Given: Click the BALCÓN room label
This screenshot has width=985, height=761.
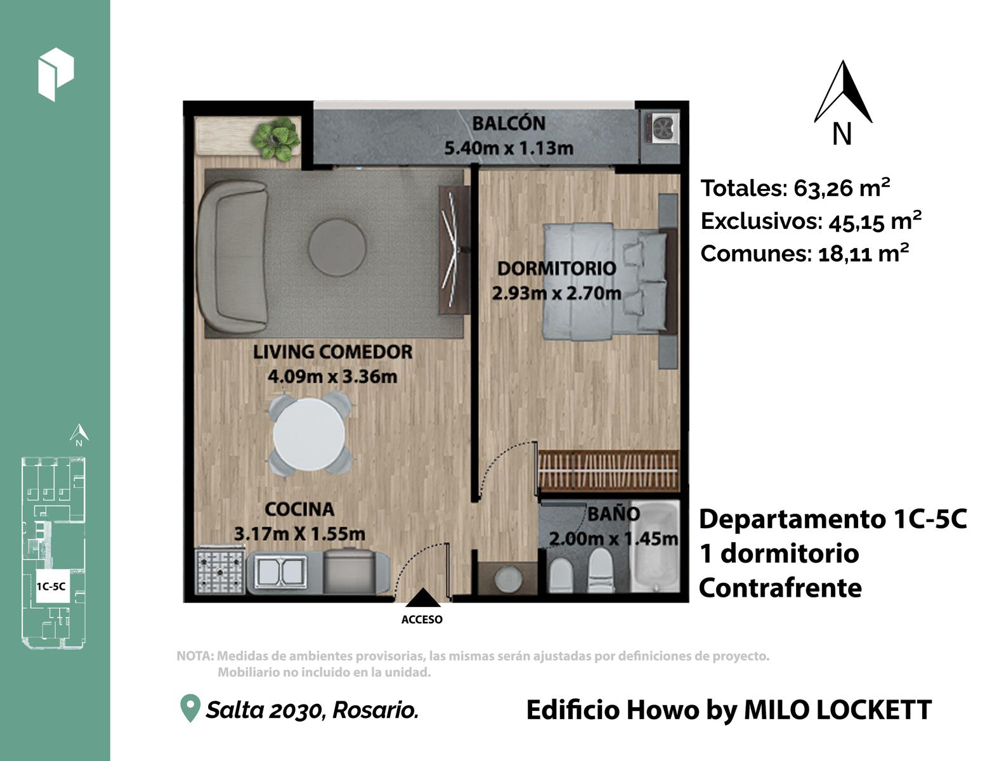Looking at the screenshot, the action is tap(509, 124).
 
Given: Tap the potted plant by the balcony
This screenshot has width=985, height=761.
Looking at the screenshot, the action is tap(276, 138).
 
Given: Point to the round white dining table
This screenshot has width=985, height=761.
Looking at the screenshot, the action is tap(309, 434).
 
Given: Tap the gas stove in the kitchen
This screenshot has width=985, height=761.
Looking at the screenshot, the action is tap(220, 571).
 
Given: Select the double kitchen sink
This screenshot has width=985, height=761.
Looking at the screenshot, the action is tap(280, 571).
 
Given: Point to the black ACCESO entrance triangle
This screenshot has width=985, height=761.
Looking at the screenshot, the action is tap(423, 598).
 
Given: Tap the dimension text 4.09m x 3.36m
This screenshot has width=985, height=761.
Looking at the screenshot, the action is tap(332, 377).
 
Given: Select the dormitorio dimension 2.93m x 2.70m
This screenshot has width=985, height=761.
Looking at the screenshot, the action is tap(557, 293).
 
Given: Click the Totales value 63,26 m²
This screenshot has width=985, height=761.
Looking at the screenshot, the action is tap(841, 188).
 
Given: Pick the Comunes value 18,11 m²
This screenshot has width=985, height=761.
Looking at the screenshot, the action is tap(863, 254).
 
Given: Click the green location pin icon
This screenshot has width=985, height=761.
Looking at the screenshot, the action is tap(190, 708).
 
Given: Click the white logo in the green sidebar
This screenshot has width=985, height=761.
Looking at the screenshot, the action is tap(56, 74).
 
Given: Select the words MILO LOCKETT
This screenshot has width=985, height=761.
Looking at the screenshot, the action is tap(838, 710).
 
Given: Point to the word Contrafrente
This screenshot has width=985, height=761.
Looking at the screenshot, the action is tap(780, 588).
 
